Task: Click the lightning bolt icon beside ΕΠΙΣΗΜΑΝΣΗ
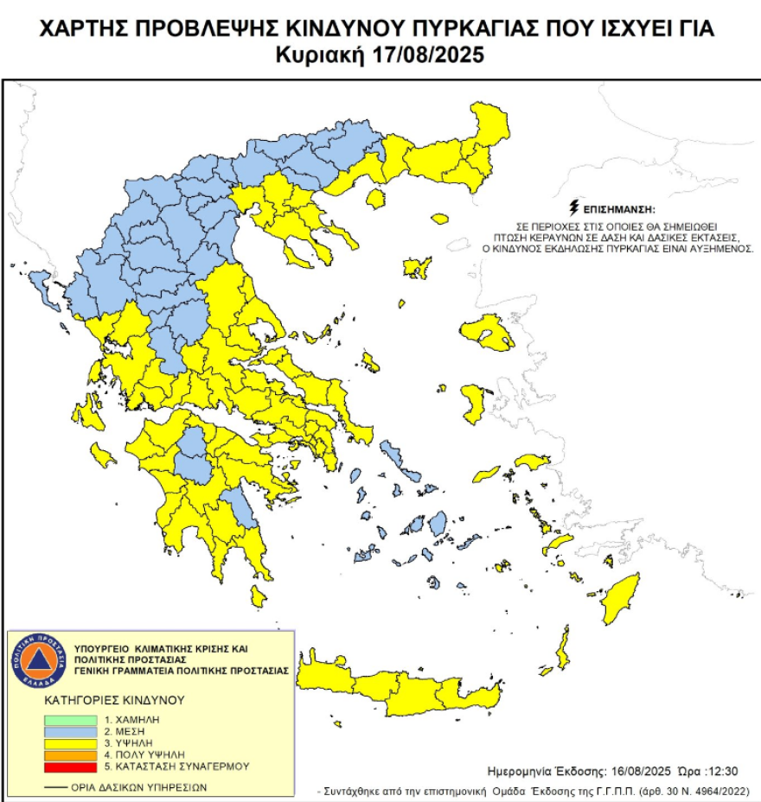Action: [x=572, y=208]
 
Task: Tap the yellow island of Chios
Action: [x=473, y=403]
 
